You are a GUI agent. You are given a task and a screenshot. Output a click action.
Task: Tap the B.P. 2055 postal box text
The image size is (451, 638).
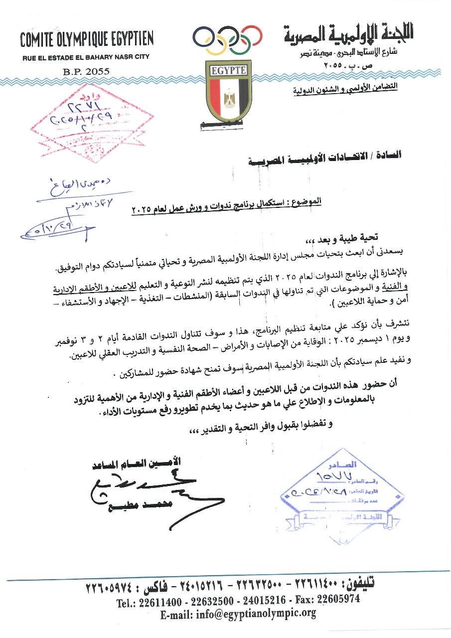coord(86,71)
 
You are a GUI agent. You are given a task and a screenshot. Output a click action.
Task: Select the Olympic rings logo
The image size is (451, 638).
coord(227,40)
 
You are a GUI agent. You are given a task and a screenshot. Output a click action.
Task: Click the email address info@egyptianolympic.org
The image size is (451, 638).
coord(238,613)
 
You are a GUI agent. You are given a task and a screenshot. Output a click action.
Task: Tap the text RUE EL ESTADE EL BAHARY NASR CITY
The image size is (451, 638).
coord(86,58)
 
